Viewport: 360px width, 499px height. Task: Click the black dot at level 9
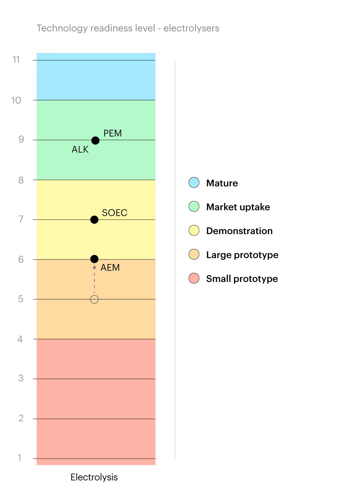click(x=95, y=140)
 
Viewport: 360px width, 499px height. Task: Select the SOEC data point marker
click(x=94, y=220)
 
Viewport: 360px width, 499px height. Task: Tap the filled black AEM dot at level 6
click(x=94, y=259)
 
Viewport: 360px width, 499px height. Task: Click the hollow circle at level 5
click(x=94, y=299)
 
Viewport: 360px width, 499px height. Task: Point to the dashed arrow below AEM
click(x=94, y=279)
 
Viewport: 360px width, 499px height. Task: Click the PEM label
click(x=113, y=133)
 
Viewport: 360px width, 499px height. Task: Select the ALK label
click(x=80, y=150)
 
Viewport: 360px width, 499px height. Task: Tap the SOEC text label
click(x=115, y=213)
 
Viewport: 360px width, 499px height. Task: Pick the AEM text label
click(x=110, y=268)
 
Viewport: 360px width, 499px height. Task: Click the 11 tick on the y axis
click(x=16, y=60)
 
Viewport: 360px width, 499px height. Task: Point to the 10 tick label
click(x=16, y=100)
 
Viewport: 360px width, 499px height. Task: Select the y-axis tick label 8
click(x=21, y=180)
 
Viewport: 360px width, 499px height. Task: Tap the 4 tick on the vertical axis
click(x=20, y=339)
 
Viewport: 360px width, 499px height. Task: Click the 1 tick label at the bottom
click(x=20, y=458)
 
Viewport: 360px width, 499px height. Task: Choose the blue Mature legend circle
click(x=194, y=183)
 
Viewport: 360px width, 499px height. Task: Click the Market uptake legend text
click(x=238, y=207)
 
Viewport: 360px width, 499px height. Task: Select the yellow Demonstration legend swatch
click(x=194, y=231)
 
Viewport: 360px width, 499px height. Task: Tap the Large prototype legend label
click(x=242, y=255)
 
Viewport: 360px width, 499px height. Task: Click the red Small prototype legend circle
click(x=194, y=278)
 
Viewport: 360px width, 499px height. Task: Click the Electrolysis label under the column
click(x=94, y=477)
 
